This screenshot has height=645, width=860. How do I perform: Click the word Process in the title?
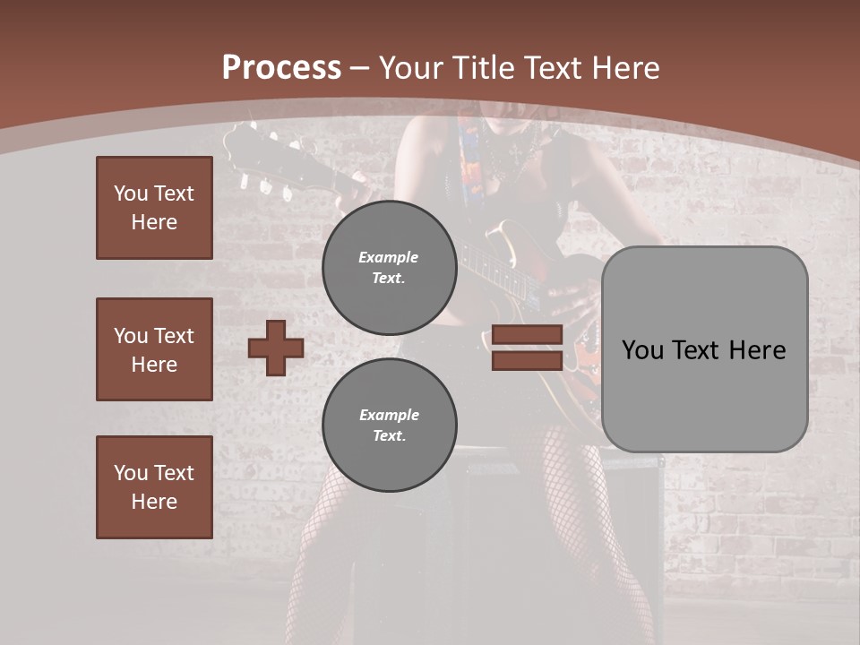tap(281, 68)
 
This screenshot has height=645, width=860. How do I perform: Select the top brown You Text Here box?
tap(154, 208)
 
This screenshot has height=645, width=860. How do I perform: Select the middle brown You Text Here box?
tap(154, 349)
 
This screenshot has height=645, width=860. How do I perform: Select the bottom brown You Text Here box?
tap(154, 487)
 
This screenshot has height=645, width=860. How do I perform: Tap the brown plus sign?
tap(276, 348)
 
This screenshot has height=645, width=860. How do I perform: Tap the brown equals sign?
tap(527, 348)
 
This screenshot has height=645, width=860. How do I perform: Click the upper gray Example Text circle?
tap(389, 267)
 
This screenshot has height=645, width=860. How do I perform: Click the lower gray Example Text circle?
tap(389, 425)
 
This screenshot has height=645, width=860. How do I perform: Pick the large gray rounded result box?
tap(704, 349)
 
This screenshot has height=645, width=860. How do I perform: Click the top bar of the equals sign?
tap(527, 335)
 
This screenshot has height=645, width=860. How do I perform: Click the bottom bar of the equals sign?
tap(527, 360)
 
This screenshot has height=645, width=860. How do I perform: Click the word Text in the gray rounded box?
tap(705, 350)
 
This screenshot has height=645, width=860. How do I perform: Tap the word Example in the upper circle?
tap(388, 257)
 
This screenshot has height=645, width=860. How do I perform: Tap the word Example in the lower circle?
tap(388, 415)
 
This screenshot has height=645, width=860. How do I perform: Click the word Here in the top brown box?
tap(154, 222)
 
